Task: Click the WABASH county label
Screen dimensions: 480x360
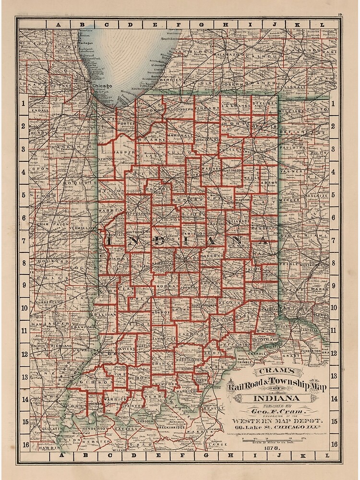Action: (x=210, y=169)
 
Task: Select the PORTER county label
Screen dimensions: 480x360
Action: (x=126, y=123)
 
